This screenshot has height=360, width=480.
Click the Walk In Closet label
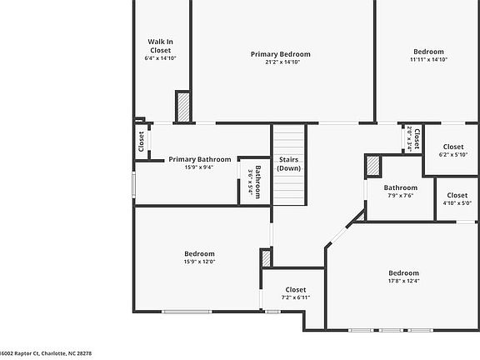pyautogui.click(x=160, y=45)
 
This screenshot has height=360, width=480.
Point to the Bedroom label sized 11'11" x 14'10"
pyautogui.click(x=428, y=51)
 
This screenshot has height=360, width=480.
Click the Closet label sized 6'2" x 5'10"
pyautogui.click(x=453, y=147)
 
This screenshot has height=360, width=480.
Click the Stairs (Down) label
pyautogui.click(x=289, y=164)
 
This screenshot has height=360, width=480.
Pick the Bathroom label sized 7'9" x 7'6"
pyautogui.click(x=400, y=187)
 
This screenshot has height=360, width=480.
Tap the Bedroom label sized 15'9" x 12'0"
pyautogui.click(x=199, y=254)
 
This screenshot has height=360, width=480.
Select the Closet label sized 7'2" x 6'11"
pyautogui.click(x=295, y=290)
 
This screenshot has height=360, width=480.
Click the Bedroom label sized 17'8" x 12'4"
pyautogui.click(x=403, y=273)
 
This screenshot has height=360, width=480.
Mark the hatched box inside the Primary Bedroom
pyautogui.click(x=182, y=107)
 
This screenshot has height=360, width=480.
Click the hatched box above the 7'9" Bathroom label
pyautogui.click(x=372, y=166)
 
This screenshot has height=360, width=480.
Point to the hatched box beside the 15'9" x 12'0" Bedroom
pyautogui.click(x=266, y=258)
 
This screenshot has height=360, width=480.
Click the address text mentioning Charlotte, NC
pyautogui.click(x=46, y=353)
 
